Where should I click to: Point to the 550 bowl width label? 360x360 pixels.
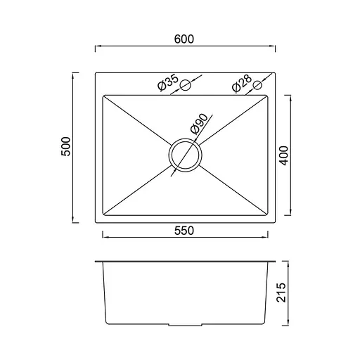point(186,229)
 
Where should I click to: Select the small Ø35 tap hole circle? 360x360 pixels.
point(186,86)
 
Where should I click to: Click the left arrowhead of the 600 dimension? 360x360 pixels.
point(97,46)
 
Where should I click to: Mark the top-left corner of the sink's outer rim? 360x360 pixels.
point(96,71)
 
